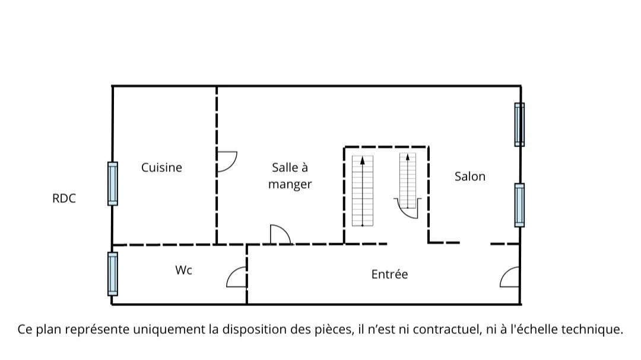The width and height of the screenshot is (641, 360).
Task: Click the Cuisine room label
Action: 161,168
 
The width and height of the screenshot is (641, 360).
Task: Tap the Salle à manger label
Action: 290,176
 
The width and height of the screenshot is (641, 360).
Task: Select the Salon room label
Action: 470,176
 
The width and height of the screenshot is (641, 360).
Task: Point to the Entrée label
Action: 389,275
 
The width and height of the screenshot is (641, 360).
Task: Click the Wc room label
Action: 183,270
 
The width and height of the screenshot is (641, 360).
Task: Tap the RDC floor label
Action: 64,199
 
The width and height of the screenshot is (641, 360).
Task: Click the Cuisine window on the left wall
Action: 112,184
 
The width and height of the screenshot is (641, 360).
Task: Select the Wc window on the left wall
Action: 112,273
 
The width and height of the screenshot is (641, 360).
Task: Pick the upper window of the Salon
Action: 519,125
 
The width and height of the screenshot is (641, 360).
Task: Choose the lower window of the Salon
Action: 519,205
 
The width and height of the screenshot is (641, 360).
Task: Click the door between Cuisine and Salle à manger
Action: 226,161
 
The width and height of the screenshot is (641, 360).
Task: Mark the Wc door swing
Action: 237,277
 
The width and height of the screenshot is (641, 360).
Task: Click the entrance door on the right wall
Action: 510,277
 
